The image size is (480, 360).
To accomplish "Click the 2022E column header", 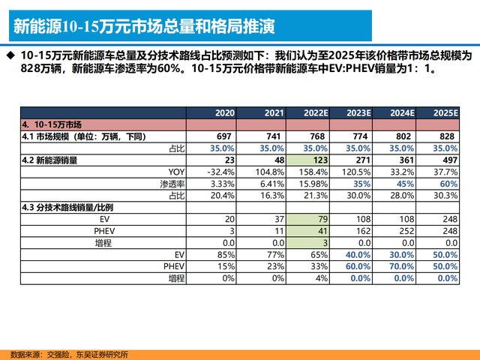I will pos(316,112).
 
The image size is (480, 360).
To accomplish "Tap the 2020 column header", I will pos(224,112).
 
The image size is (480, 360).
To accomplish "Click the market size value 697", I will pos(224,136).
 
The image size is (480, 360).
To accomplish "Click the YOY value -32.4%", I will pos(220,172).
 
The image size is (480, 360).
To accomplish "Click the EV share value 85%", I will pos(226,254).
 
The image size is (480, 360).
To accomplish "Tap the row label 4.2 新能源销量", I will pos(49,160).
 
